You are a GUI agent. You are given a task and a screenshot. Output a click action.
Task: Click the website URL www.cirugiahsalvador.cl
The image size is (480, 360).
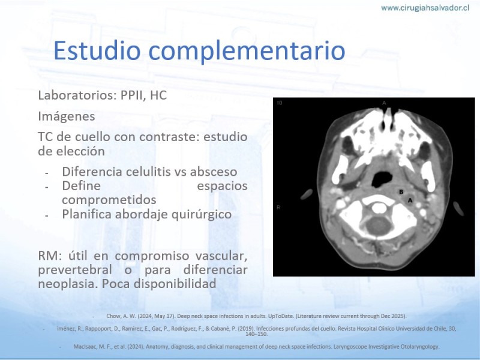click(x=425, y=8)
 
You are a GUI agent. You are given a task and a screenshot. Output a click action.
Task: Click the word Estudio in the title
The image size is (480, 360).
click(x=97, y=50)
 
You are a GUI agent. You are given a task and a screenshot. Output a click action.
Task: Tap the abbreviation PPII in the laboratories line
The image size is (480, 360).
click(x=128, y=95)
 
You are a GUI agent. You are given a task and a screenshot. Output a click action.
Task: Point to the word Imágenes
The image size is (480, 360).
click(x=67, y=116)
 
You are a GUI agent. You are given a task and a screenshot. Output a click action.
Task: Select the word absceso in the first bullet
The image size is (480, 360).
click(x=214, y=172)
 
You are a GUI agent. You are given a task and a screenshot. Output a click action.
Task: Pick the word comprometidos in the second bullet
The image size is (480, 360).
click(x=109, y=200)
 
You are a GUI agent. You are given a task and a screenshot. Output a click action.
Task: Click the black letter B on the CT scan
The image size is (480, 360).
click(x=401, y=192)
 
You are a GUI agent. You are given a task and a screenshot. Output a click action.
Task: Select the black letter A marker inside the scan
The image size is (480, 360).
click(x=410, y=200)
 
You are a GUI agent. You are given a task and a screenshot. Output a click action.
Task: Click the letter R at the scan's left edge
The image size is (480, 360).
click(x=278, y=207)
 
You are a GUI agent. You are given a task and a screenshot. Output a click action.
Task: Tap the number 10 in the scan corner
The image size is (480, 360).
click(x=279, y=103)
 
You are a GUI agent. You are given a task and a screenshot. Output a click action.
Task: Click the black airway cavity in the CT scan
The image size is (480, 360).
click(x=382, y=179)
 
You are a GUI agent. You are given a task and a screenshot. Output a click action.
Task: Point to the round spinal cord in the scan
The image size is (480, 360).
click(x=379, y=226)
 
